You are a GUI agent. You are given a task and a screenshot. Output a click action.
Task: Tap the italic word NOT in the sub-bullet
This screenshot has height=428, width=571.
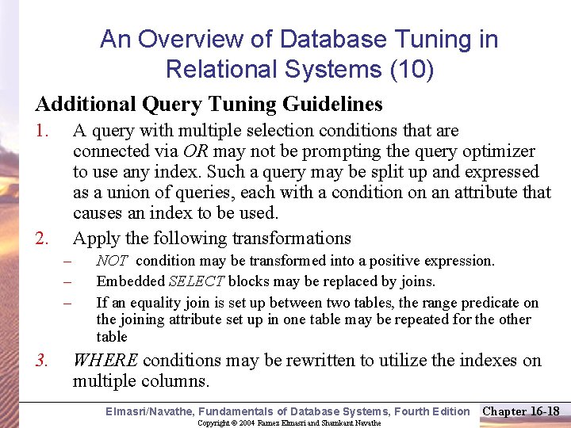pos(111,261)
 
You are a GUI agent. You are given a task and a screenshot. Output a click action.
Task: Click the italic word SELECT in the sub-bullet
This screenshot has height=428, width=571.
pos(197,281)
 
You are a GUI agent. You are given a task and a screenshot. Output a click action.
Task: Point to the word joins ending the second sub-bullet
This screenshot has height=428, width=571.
pos(420,281)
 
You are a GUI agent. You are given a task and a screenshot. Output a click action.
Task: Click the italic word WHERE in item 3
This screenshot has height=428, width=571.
pos(105,361)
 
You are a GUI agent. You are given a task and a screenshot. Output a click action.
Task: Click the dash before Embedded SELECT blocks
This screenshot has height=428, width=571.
pos(68,281)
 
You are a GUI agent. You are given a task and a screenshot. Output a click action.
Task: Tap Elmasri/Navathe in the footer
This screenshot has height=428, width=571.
pos(150,411)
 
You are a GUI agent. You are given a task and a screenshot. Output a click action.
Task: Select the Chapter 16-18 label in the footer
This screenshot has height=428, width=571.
pos(521,411)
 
